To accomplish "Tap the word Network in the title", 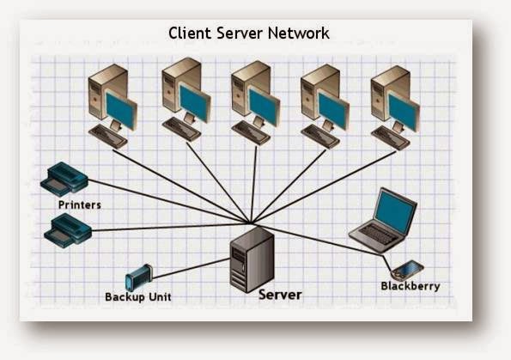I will coord(297,34).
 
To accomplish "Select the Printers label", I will coord(79,205).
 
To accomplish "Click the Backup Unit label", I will coord(138,296).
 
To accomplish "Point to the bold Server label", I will coord(280,295).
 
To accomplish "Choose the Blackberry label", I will coord(410,285).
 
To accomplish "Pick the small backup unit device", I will coord(137,279).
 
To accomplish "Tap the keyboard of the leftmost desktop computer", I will coord(109,135).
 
